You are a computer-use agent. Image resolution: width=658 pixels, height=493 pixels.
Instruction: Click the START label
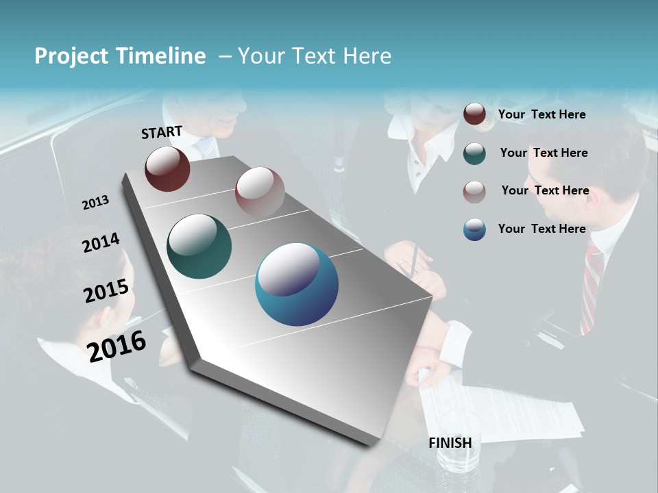click(x=162, y=132)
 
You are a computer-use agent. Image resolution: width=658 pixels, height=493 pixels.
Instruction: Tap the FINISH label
click(x=450, y=443)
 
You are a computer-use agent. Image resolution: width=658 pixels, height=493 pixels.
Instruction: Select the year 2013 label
click(x=95, y=202)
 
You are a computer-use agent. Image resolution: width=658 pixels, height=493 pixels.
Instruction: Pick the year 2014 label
click(x=101, y=242)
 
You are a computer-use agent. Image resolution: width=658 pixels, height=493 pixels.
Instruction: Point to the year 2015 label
click(x=106, y=290)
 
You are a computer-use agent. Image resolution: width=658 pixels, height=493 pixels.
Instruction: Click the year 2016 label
click(x=117, y=346)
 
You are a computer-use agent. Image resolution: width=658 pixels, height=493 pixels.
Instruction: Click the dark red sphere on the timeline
click(x=167, y=169)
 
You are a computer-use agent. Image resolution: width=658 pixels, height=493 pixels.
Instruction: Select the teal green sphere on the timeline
click(x=199, y=246)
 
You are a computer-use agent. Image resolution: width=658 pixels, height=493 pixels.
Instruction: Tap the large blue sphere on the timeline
click(x=297, y=284)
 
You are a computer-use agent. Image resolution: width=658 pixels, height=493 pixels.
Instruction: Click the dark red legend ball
click(x=474, y=114)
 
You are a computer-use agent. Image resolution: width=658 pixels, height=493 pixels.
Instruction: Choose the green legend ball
click(x=474, y=153)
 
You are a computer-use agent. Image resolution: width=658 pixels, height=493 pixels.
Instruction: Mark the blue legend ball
click(x=474, y=229)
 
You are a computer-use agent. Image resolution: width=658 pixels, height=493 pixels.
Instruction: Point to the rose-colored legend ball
click(x=474, y=191)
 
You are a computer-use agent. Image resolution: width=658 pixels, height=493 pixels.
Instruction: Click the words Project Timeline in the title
click(x=120, y=56)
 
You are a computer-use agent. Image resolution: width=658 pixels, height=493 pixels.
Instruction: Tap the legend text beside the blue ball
click(x=541, y=229)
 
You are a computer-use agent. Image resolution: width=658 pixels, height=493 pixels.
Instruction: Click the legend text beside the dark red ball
click(x=541, y=114)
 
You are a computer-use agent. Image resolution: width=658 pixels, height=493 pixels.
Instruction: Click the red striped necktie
click(x=591, y=288)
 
